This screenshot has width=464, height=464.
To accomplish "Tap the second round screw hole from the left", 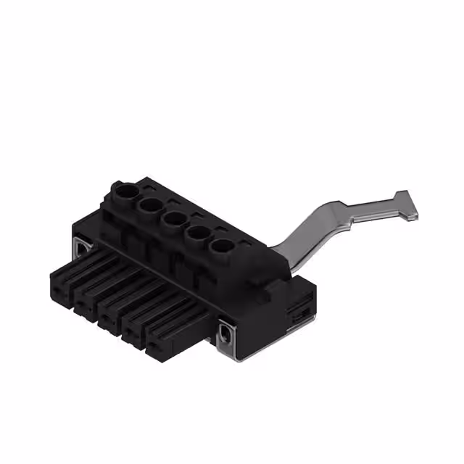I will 150,205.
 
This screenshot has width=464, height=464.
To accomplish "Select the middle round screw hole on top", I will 175,219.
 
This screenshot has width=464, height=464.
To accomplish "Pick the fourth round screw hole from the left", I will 199,233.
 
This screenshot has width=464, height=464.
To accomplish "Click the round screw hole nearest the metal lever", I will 222,246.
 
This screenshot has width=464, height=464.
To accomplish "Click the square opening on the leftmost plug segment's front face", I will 56,293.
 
